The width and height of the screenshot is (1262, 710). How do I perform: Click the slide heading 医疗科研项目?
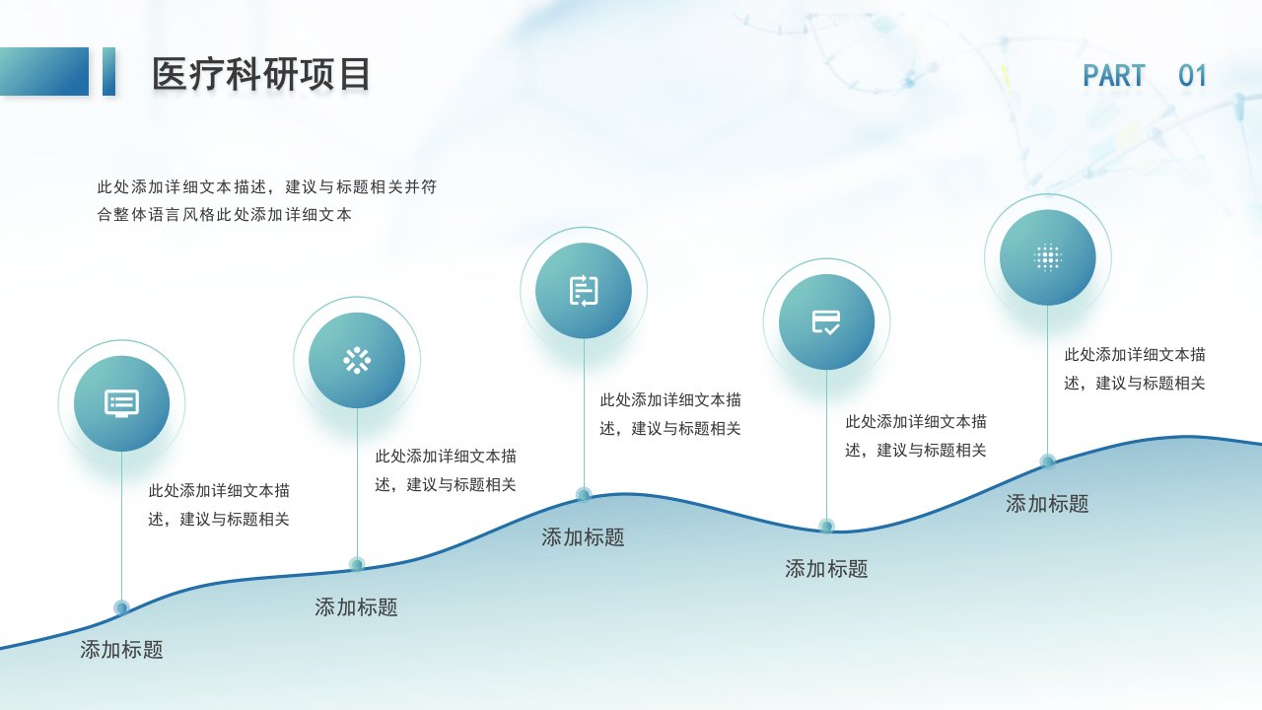[x=261, y=74]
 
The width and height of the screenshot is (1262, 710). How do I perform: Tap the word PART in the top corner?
[x=1114, y=76]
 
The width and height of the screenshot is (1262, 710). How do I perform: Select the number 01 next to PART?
[x=1192, y=76]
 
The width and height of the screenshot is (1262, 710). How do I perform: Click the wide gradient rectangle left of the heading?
[x=44, y=72]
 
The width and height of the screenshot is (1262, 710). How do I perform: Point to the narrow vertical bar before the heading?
[x=108, y=72]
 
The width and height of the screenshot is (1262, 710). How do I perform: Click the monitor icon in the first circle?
[x=121, y=403]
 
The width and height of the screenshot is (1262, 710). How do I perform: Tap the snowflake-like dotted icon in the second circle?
[x=357, y=361]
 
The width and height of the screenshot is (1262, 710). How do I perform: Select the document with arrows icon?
[x=584, y=291]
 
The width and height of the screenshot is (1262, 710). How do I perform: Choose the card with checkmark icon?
[x=826, y=322]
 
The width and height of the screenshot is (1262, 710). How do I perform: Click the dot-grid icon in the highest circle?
[x=1048, y=257]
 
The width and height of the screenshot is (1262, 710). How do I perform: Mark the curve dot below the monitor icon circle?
[x=121, y=607]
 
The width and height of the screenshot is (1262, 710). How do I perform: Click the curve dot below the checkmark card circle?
[x=826, y=526]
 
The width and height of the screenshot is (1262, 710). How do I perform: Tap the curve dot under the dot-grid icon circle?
[x=1048, y=461]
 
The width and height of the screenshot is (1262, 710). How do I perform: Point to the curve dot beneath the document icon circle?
[x=584, y=495]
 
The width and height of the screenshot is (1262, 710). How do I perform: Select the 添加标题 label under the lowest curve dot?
[x=121, y=650]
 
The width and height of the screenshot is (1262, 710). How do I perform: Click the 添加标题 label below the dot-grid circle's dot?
[x=1047, y=504]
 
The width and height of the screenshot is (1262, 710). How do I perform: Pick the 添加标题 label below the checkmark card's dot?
[x=826, y=569]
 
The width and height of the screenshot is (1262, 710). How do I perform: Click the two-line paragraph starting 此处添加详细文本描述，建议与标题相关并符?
[x=267, y=200]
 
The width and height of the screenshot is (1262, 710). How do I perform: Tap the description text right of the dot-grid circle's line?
[x=1135, y=369]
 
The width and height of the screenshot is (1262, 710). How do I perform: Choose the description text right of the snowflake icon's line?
[x=446, y=470]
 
